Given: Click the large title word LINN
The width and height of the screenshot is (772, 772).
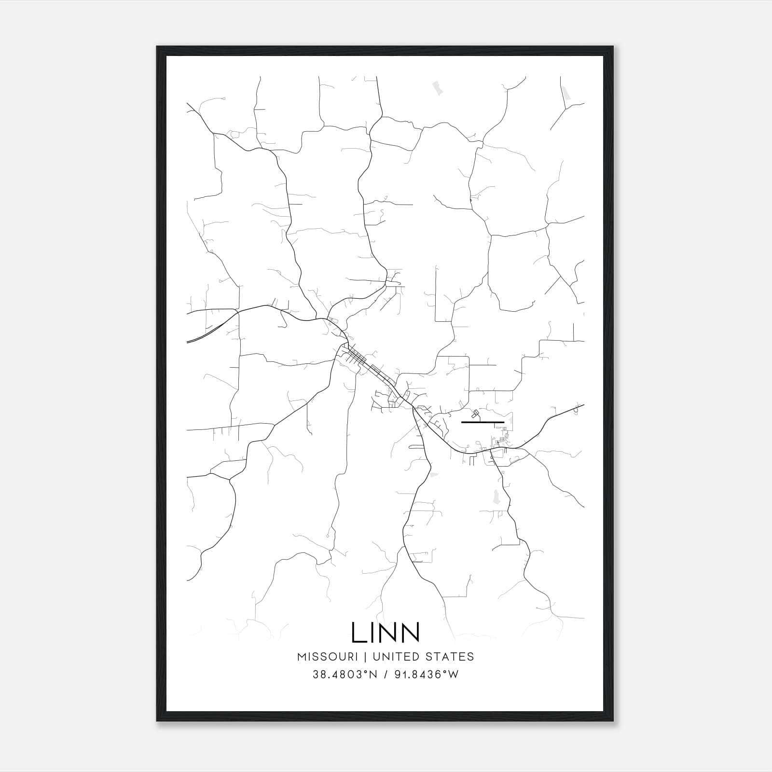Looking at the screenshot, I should click(386, 632).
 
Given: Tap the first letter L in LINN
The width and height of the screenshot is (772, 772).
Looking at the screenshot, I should click(358, 632).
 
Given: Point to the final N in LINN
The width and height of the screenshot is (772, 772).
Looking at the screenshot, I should click(410, 632).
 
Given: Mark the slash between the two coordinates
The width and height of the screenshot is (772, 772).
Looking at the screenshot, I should click(386, 675).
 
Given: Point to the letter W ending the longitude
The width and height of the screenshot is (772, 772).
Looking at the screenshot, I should click(454, 675).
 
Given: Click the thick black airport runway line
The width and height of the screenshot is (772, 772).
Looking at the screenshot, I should click(482, 422).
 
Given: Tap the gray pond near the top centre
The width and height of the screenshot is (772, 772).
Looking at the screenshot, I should click(438, 88).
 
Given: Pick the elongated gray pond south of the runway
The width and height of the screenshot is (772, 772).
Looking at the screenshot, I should click(496, 495).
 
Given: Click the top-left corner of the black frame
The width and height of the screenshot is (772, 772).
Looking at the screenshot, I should click(158, 47).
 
